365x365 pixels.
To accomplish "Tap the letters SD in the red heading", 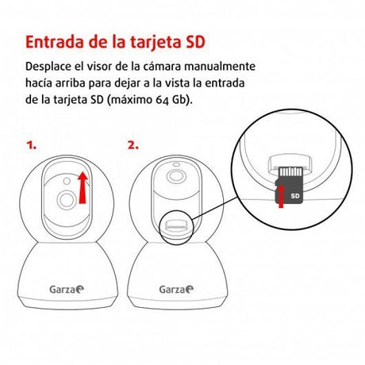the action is point(195,42).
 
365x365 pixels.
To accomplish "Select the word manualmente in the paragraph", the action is point(220,67).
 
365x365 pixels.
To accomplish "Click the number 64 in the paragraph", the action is point(162,100).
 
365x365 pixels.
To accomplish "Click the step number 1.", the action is point(31,145).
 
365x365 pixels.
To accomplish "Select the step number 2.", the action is point(133,145).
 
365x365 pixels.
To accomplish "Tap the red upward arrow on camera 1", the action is point(83,187).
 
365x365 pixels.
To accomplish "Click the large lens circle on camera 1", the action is point(67,200).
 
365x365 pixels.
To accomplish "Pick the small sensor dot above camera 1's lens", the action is point(67,181).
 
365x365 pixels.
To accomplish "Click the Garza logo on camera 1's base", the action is point(67,290).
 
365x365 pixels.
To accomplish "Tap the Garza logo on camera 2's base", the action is point(176,290).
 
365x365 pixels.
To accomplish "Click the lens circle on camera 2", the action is point(176,175).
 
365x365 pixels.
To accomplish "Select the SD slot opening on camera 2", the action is point(176,225).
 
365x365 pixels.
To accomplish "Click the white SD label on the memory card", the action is point(295,196).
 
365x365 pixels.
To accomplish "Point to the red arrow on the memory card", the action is point(281,196).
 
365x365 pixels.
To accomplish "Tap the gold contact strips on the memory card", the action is point(291,171).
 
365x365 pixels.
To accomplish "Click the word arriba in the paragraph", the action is point(71,83).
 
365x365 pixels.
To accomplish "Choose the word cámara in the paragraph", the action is point(162,67).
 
